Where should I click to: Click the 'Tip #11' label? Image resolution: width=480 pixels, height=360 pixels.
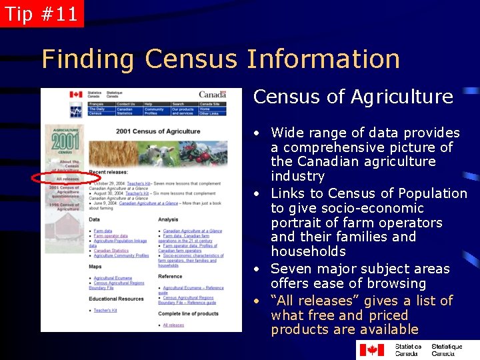pos(41,13)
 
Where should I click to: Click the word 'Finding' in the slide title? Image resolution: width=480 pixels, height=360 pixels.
pos(87,59)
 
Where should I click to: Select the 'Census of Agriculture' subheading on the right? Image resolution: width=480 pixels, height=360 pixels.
pos(353,97)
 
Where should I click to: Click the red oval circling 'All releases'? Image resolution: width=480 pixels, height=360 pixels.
pos(66,179)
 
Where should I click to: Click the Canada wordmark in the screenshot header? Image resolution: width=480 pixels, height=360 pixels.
pos(212,95)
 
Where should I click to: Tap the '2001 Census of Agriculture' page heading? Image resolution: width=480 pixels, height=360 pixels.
pos(158,131)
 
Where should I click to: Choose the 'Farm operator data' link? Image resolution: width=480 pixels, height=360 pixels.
pos(111,236)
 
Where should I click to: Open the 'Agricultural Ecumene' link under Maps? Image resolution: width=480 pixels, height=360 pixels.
pos(113,278)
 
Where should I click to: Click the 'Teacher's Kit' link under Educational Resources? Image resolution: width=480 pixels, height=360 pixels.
pos(105,310)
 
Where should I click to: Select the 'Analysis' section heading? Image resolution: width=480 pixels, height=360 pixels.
pos(168,219)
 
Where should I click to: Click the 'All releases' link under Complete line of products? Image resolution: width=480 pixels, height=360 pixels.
pos(173,325)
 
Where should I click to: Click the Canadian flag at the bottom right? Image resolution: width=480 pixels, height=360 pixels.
pos(371,349)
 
